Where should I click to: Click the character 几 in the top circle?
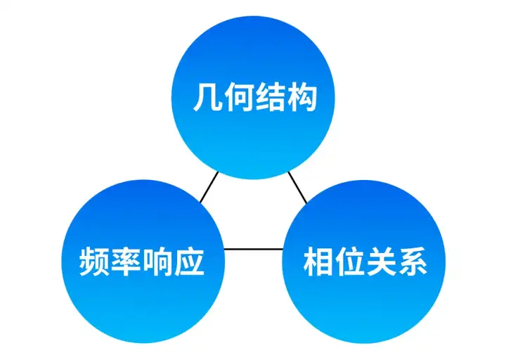pyautogui.click(x=208, y=98)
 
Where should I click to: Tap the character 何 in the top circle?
pyautogui.click(x=239, y=98)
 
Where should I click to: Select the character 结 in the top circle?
pyautogui.click(x=270, y=98)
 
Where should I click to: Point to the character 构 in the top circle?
pyautogui.click(x=301, y=98)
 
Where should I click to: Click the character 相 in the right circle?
pyautogui.click(x=318, y=262)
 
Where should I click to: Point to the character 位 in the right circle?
pyautogui.click(x=349, y=262)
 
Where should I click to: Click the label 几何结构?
pyautogui.click(x=254, y=98)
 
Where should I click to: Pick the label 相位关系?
pyautogui.click(x=365, y=262)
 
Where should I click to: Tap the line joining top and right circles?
pyautogui.click(x=297, y=186)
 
